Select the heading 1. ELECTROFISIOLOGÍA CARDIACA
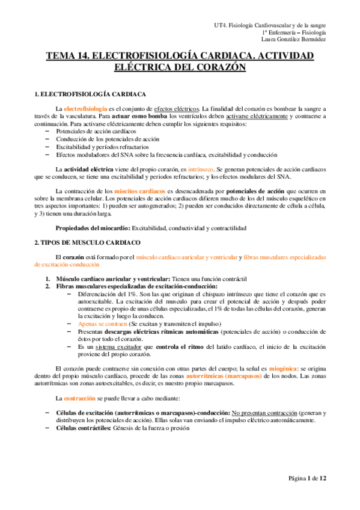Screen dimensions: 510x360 [x=91, y=94]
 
